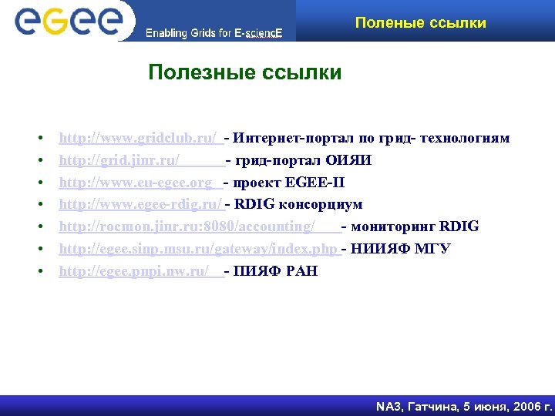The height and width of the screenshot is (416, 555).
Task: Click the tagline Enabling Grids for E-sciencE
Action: (x=214, y=33)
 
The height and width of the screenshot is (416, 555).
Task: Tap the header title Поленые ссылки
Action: (x=420, y=22)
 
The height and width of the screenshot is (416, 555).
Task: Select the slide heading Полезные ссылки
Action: (x=245, y=73)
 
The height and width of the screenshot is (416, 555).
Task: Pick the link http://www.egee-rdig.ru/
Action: (x=140, y=204)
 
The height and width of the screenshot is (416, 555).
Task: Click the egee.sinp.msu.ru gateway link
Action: (x=198, y=249)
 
